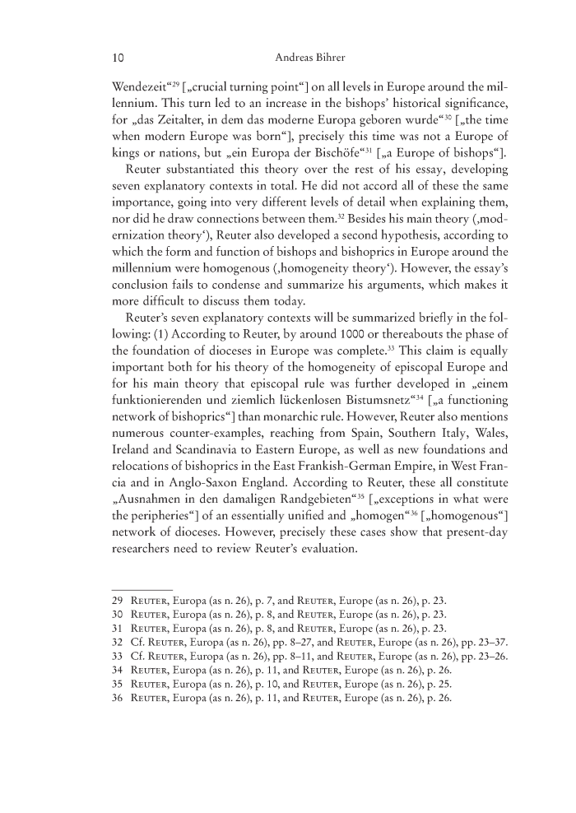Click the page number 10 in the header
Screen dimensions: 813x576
(118, 58)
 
